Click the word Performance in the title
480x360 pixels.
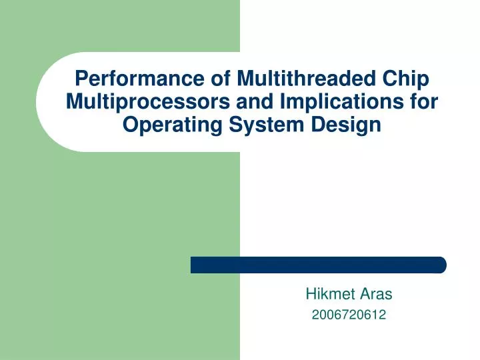[x=131, y=79]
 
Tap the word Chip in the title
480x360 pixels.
[x=406, y=79]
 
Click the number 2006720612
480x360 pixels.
[x=349, y=315]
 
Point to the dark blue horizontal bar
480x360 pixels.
[x=318, y=265]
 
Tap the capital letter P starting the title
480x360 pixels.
[x=81, y=79]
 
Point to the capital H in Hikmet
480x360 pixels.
[x=310, y=293]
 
